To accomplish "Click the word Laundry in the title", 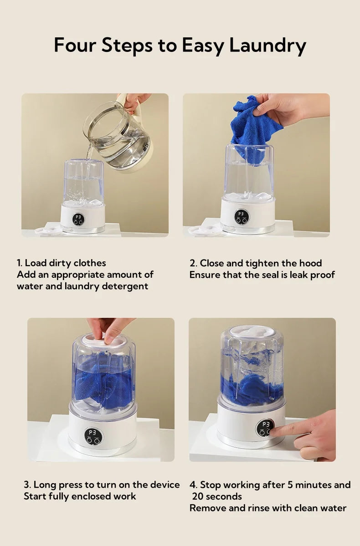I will [267, 46].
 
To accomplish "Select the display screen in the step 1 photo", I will [78, 219].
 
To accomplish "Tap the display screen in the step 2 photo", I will [242, 216].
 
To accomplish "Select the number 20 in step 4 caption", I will [198, 496].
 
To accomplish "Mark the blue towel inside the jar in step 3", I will [103, 385].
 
